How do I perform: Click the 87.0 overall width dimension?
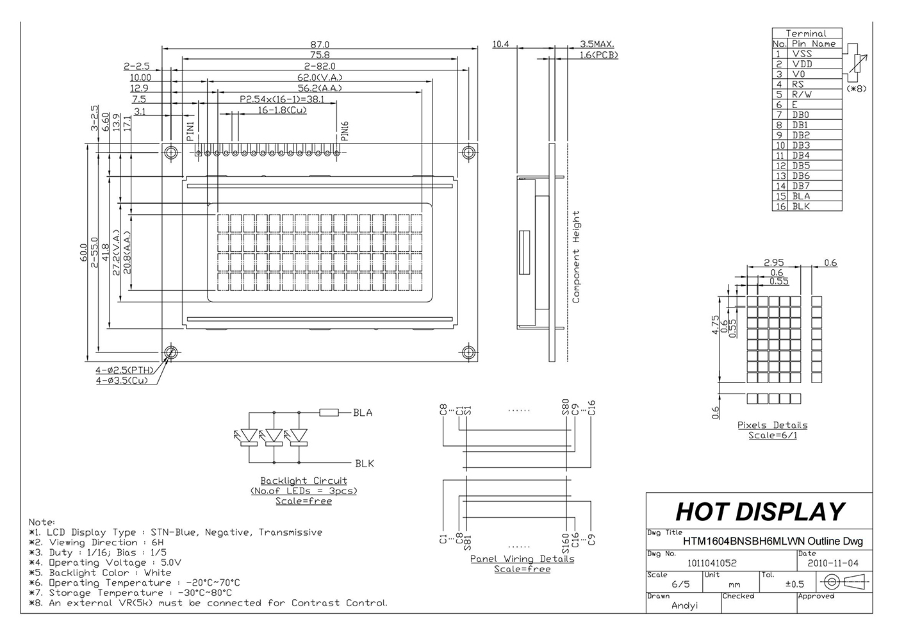tap(319, 44)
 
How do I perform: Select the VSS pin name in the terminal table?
tap(802, 54)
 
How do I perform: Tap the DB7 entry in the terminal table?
tap(800, 186)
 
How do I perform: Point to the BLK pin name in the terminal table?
tap(801, 206)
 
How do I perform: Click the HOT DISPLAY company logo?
tap(760, 512)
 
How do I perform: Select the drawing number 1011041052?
tap(712, 563)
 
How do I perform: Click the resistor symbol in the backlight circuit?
tap(329, 413)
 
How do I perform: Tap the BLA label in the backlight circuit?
tap(363, 413)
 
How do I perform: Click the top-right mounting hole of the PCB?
tap(469, 153)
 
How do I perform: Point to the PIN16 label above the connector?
tap(345, 131)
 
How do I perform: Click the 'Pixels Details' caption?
tap(772, 425)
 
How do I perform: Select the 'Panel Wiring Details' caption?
tap(522, 559)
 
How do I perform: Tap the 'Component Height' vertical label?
tap(575, 256)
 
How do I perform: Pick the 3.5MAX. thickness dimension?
tap(597, 44)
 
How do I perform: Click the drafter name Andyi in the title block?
tap(684, 605)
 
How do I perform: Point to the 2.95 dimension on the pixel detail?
tap(774, 263)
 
